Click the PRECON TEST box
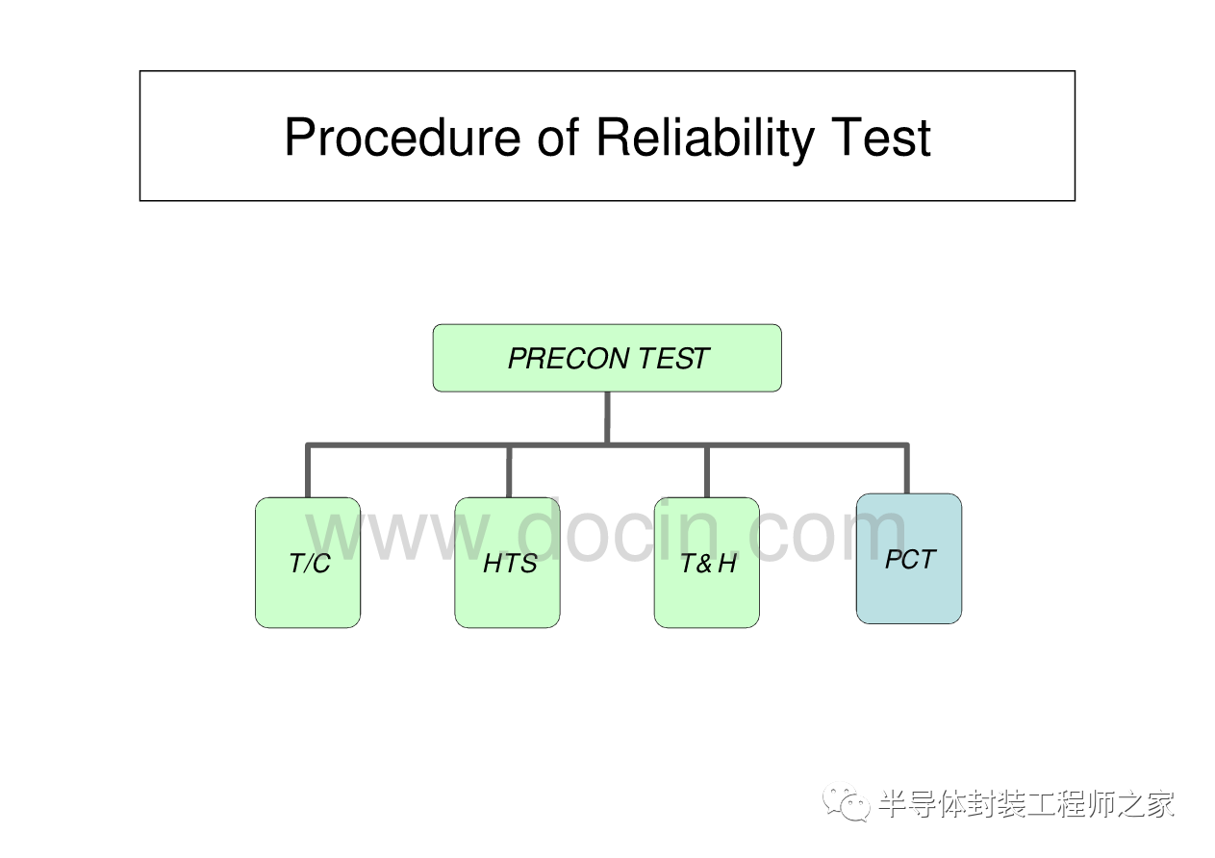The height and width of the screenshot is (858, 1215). [x=607, y=358]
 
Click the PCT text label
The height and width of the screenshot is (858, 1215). [x=909, y=559]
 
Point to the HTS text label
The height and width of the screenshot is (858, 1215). [x=509, y=564]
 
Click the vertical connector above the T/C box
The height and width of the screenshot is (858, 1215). [x=308, y=471]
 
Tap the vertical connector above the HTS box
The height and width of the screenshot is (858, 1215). [x=509, y=471]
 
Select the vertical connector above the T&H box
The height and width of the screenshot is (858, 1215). [x=707, y=471]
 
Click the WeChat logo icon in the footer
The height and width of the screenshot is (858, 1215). [x=847, y=803]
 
